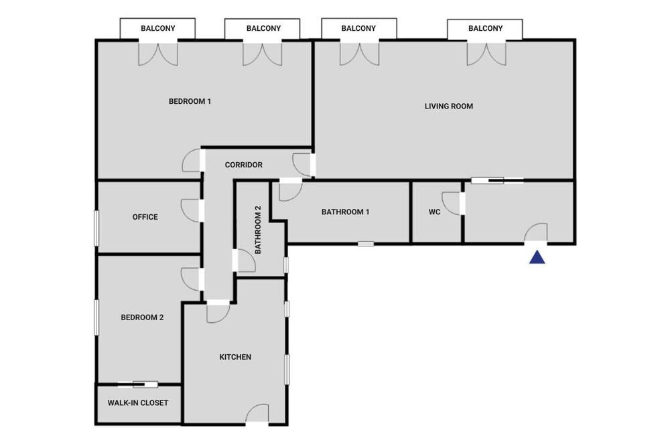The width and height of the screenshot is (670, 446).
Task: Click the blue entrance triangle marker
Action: coord(537,257)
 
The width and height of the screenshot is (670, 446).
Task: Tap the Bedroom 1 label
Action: coord(190,101)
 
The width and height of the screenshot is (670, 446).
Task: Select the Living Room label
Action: coord(449,106)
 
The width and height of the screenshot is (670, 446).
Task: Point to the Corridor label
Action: coord(244,165)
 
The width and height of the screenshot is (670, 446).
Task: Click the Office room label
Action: coord(145,217)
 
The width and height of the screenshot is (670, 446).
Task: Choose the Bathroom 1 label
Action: coord(345,212)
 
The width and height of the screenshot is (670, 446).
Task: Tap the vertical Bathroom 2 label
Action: coord(258,230)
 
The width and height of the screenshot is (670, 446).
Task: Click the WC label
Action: coord(435,212)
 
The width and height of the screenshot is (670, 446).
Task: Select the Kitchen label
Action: coord(235,357)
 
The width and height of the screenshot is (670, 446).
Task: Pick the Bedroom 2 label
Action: coord(142,317)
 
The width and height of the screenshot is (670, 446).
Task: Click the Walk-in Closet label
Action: coord(137,403)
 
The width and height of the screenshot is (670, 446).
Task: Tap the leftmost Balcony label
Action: coord(157,28)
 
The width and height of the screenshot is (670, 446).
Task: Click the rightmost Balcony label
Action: coord(485,28)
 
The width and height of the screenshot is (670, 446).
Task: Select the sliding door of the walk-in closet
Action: coord(137,384)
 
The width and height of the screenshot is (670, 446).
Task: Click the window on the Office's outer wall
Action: coord(96,228)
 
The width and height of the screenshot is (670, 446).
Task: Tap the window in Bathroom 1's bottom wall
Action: coord(366,244)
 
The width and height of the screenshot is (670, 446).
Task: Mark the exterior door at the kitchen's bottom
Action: coord(257,414)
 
